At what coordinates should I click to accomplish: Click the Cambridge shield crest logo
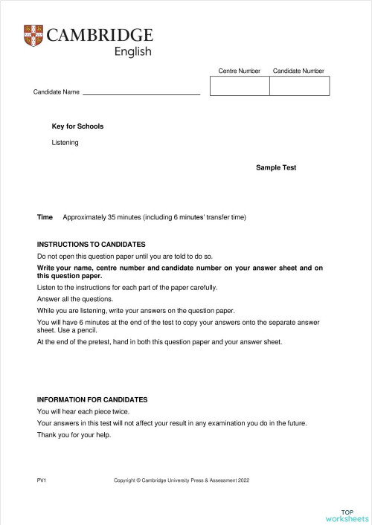pos(33,35)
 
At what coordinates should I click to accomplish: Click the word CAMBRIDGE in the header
pos(99,35)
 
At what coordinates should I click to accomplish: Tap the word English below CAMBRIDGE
pos(132,51)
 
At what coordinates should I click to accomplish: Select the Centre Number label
pos(239,71)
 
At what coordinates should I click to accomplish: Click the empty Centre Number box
pos(240,86)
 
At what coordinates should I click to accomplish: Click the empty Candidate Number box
pos(299,86)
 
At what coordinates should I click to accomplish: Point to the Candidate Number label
pos(298,71)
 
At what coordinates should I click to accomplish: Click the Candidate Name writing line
pos(141,94)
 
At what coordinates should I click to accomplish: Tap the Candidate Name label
pos(56,92)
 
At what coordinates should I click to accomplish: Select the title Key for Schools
pos(77,126)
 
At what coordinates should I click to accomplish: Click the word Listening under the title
pos(65,142)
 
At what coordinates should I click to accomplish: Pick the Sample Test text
pos(276,168)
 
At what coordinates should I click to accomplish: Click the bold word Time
pos(45,217)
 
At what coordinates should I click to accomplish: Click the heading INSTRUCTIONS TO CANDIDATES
pos(91,244)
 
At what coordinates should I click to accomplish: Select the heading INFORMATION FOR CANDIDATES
pos(92,399)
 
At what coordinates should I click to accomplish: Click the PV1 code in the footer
pos(42,481)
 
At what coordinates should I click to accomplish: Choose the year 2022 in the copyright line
pos(243,481)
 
